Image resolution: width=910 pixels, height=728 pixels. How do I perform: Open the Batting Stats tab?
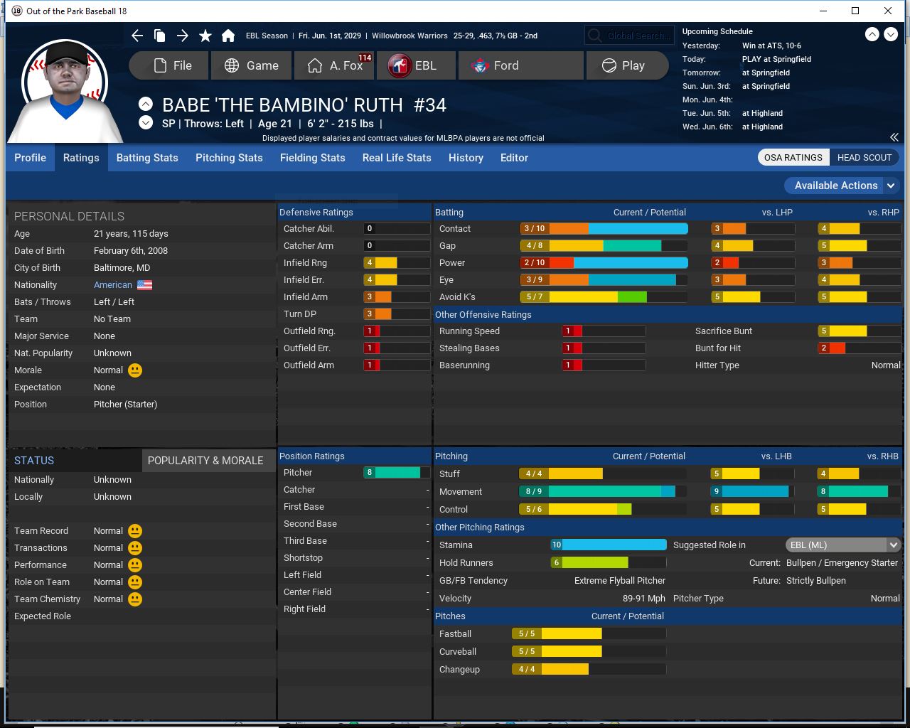tap(147, 158)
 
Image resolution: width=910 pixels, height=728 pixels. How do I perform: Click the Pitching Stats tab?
tap(229, 158)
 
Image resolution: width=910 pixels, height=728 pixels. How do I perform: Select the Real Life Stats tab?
tap(397, 158)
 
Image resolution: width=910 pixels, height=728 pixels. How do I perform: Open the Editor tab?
tap(514, 158)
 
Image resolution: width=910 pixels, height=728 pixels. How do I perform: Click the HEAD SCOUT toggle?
tap(864, 158)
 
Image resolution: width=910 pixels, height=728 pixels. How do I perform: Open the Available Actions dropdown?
tap(842, 186)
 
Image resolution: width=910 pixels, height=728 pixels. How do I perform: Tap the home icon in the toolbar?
tap(228, 36)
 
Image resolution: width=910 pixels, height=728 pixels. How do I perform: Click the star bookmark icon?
tap(205, 36)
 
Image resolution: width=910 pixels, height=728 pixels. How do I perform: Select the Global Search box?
tap(629, 36)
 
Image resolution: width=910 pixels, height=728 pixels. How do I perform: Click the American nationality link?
tap(113, 285)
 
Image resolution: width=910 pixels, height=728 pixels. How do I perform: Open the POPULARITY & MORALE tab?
tap(205, 461)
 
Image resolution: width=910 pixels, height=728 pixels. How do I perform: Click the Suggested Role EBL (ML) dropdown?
tap(843, 545)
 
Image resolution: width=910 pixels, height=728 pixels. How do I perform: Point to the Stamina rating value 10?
tap(557, 545)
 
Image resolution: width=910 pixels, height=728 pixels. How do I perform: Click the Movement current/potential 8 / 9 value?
tap(534, 491)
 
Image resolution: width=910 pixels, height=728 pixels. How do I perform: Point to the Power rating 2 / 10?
tap(535, 263)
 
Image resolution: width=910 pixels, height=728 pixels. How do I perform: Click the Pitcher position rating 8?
tap(370, 473)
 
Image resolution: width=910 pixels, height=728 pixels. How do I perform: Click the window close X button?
tap(888, 11)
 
